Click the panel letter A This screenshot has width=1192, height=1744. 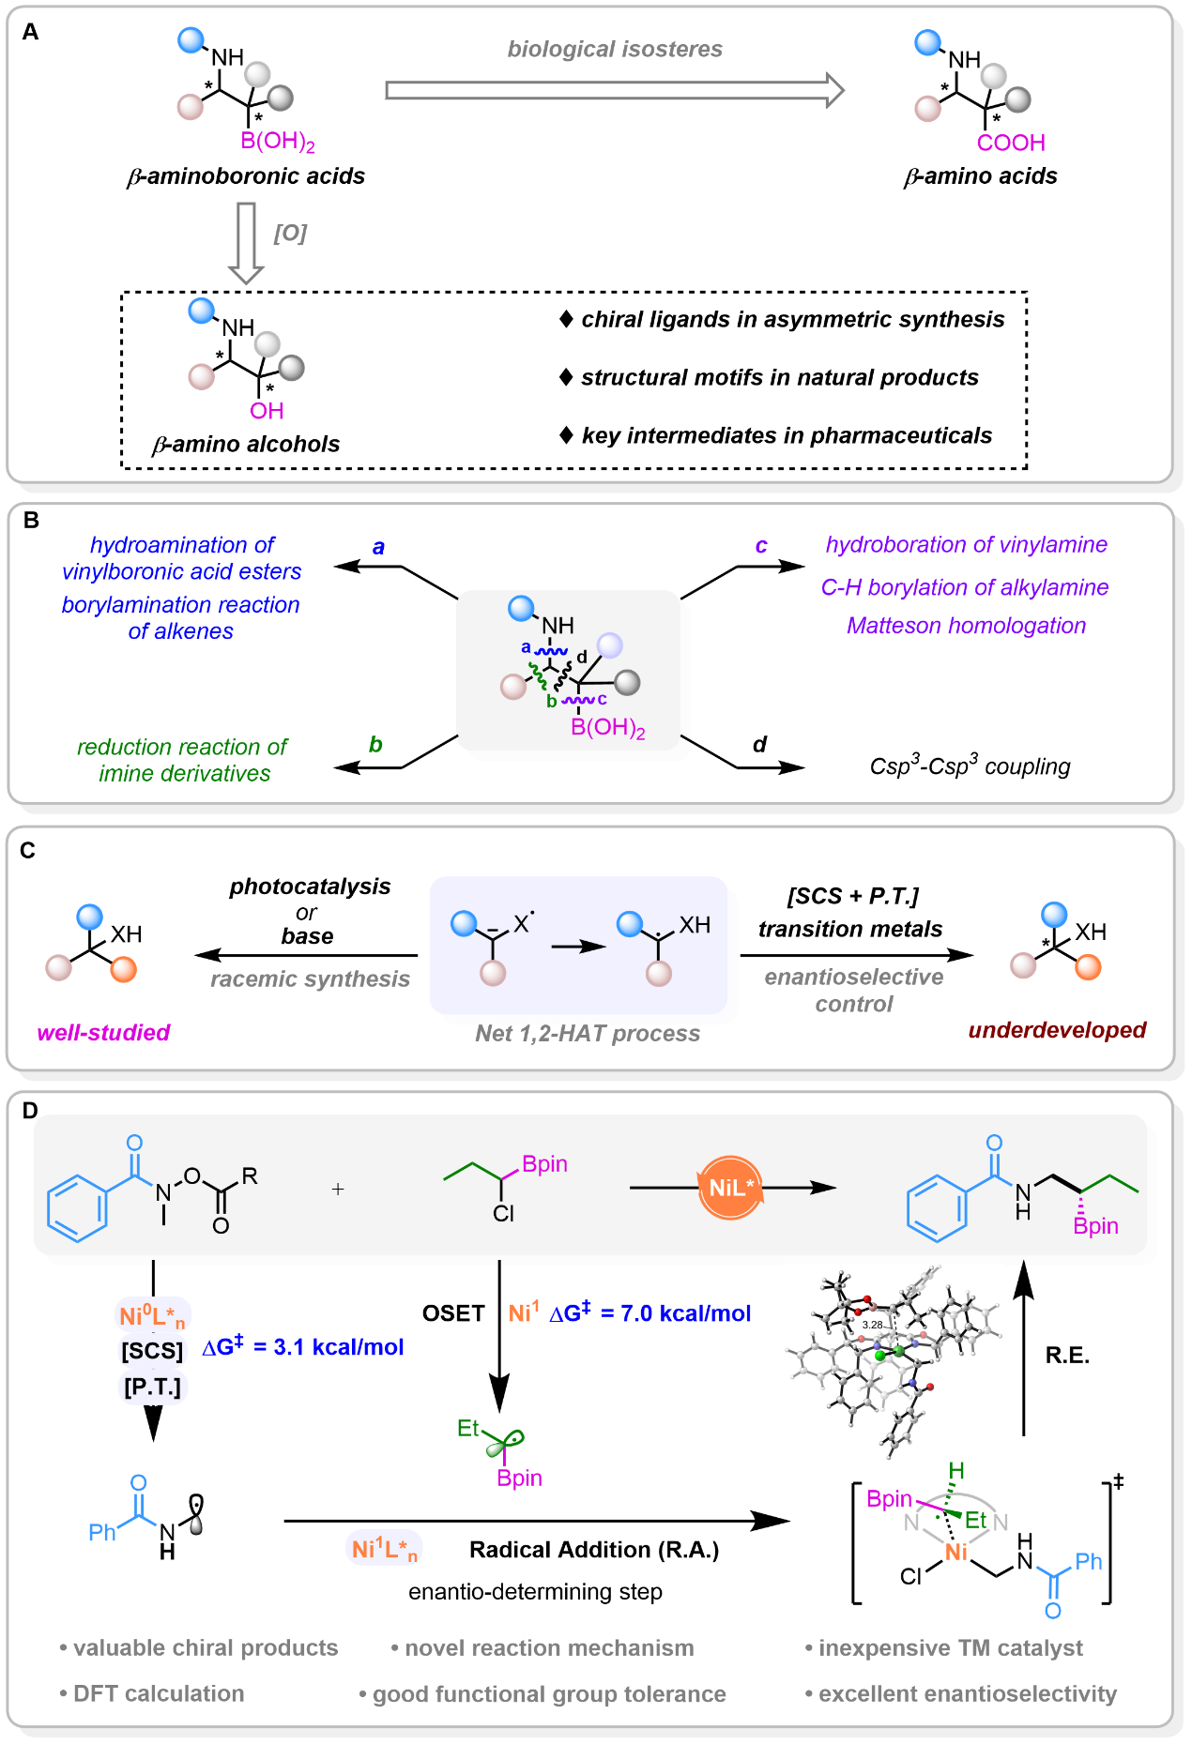point(31,33)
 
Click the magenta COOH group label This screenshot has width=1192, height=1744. point(1011,143)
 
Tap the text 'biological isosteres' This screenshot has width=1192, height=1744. point(615,49)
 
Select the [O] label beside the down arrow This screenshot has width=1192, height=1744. point(290,233)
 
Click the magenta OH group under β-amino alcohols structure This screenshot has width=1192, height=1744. point(267,411)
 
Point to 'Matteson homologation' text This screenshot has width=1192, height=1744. point(966,626)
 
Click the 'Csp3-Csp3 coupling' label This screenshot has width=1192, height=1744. point(970,766)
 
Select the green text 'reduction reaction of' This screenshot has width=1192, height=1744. point(182,747)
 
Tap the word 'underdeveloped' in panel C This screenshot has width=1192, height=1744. point(1057,1030)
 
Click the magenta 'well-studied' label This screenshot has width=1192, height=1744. point(103,1033)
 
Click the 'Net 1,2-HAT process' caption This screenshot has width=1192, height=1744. point(588,1034)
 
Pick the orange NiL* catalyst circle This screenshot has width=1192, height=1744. point(731,1188)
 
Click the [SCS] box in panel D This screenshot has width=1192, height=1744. point(152,1351)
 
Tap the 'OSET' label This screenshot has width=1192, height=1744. point(453,1313)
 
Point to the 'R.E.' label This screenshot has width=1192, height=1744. point(1067,1356)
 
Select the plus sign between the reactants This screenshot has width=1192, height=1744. point(338,1190)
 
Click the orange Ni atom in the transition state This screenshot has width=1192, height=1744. point(956,1553)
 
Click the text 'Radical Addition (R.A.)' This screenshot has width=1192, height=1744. point(594,1550)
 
